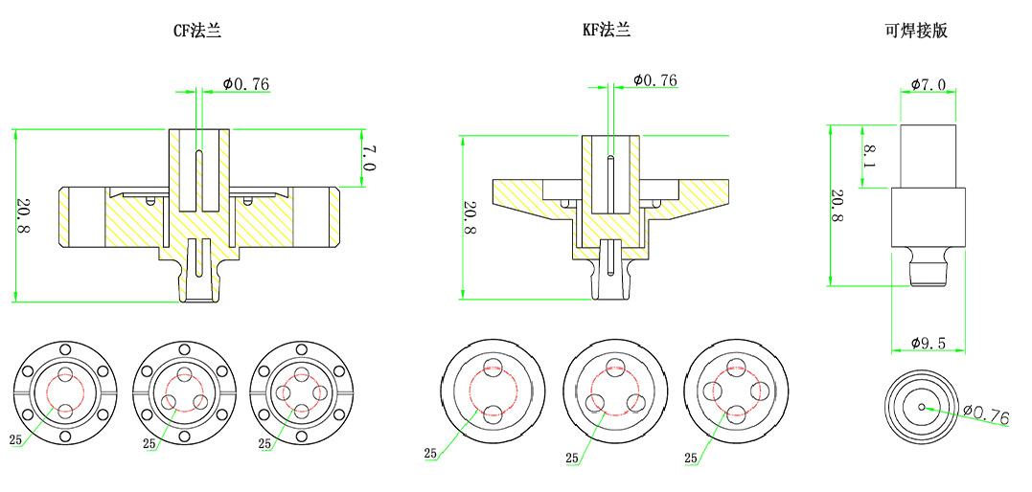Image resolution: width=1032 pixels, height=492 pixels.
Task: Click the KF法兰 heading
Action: point(607,31)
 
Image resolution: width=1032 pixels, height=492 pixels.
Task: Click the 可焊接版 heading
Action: point(916,31)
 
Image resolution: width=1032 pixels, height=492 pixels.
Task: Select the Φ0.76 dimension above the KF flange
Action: point(654,80)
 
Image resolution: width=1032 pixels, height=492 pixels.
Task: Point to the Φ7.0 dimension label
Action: point(928,85)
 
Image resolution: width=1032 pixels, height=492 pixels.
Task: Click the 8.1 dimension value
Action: point(868,155)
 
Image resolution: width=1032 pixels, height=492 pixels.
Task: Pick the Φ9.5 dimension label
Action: point(929,342)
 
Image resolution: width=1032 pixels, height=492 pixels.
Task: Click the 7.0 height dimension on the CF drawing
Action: point(369,158)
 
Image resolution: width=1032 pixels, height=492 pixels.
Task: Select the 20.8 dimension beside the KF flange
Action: point(470,219)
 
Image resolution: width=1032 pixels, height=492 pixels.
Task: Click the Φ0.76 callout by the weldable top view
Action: point(987,417)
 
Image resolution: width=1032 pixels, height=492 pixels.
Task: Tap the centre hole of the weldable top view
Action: point(922,406)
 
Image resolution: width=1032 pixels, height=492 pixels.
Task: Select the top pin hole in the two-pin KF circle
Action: point(493,367)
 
